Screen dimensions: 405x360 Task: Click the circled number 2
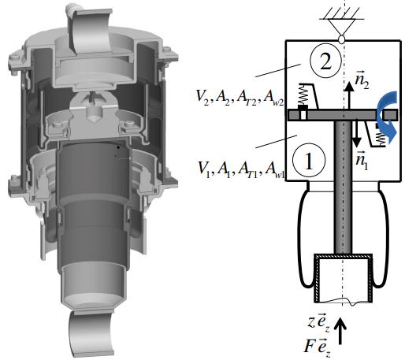[x=325, y=63]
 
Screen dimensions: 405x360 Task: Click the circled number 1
[x=309, y=161]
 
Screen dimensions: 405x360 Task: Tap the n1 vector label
[x=362, y=161]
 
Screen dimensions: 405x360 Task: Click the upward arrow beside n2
[x=349, y=95]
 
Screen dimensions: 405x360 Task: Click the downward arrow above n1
[x=356, y=133]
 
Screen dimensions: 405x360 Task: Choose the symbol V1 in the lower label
[x=204, y=169]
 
